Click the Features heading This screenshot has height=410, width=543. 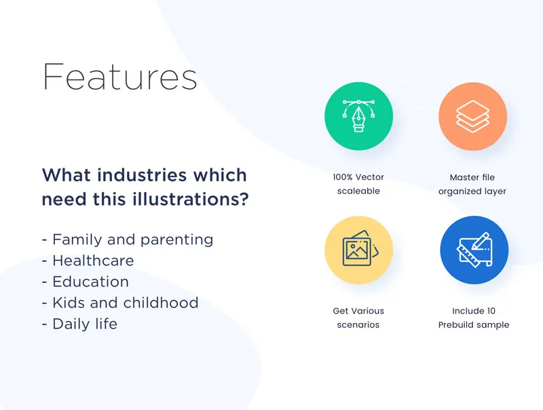click(120, 77)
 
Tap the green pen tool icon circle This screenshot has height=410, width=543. click(359, 116)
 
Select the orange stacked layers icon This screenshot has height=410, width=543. click(472, 116)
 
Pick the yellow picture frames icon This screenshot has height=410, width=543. click(359, 250)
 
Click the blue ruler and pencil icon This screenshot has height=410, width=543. click(474, 250)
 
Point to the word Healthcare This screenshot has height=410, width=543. click(93, 261)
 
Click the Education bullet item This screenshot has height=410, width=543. click(86, 282)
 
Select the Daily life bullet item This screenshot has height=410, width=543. click(79, 324)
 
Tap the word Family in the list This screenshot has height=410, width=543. click(77, 240)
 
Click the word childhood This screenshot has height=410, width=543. click(161, 303)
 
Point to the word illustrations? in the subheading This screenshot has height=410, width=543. click(191, 199)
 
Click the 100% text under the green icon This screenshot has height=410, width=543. click(343, 177)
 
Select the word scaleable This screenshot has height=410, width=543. click(358, 191)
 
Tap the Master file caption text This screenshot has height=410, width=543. click(472, 178)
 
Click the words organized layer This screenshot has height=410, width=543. click(472, 192)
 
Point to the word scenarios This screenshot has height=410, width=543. click(358, 325)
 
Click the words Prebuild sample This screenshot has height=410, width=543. click(474, 325)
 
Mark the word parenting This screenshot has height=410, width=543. click(177, 240)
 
